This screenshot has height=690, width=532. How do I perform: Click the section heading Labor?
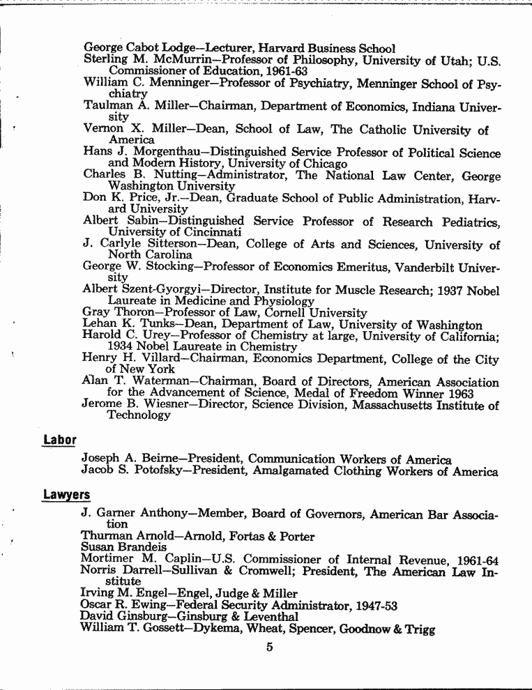tap(59, 440)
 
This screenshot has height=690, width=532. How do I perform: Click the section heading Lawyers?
tap(66, 496)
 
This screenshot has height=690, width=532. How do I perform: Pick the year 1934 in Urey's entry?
tap(122, 346)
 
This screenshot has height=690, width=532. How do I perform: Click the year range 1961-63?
tap(285, 71)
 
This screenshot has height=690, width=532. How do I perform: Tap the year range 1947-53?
tap(375, 606)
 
